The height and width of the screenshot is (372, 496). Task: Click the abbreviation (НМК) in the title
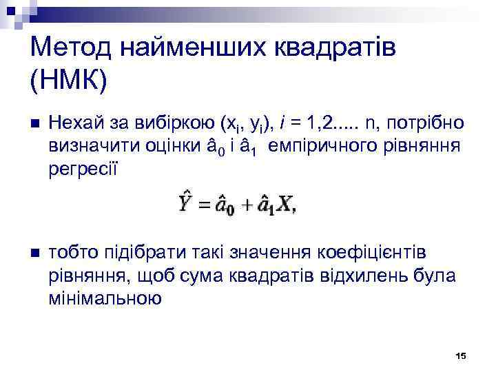(x=69, y=81)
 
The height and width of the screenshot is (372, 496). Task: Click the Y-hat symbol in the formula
(x=185, y=205)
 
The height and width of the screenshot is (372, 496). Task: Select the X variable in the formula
(x=286, y=206)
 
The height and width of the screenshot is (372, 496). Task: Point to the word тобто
(x=72, y=253)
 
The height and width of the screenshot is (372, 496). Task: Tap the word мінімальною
(x=105, y=298)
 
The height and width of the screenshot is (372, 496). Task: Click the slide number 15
(x=461, y=355)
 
